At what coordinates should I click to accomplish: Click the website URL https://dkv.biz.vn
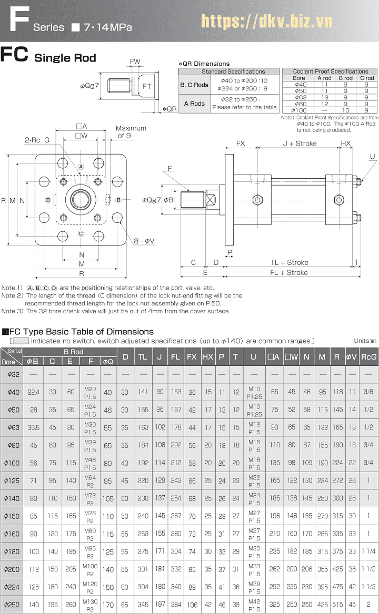pos(267,22)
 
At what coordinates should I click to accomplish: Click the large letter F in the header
pos(18,21)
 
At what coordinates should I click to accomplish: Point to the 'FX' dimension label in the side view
pos(241,143)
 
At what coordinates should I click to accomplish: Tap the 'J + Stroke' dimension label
pos(300,143)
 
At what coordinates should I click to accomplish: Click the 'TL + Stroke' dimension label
pos(289,262)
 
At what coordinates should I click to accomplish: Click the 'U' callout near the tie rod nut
pos(372,157)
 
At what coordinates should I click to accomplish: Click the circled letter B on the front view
pos(118,200)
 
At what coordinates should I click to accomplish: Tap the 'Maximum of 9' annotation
pos(131,132)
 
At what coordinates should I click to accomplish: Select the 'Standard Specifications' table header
pos(229,71)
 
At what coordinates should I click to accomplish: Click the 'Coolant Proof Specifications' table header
pos(330,71)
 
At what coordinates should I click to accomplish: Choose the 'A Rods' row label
pos(194,104)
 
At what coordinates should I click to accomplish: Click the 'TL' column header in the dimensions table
pos(143,356)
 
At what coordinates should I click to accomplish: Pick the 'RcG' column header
pos(368,356)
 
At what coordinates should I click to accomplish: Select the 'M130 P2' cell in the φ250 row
pos(90,605)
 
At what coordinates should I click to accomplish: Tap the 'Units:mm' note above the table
pos(365,341)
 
